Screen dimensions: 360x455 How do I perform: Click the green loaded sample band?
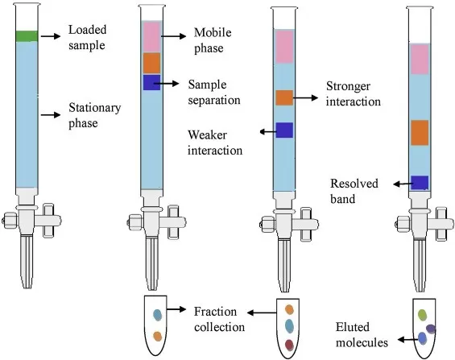pos(27,35)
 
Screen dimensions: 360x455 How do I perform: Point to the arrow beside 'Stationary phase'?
pos(49,115)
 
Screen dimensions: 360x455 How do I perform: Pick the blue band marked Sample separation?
pos(152,82)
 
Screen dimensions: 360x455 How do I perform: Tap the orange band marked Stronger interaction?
pos(284,97)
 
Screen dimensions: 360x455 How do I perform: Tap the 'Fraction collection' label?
pos(219,319)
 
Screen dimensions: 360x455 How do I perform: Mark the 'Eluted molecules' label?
pos(363,335)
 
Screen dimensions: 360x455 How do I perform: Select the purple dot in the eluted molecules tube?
pos(431,328)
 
